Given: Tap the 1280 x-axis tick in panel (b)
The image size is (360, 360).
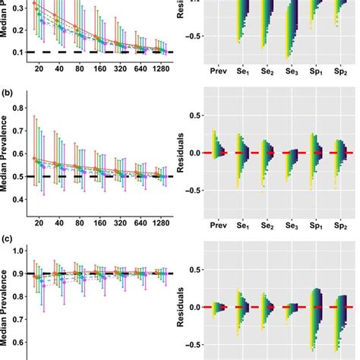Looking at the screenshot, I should [x=161, y=225].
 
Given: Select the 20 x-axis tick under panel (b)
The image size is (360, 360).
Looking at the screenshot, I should [x=36, y=225].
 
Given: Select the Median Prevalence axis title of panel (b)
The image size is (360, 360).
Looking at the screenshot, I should [x=6, y=159].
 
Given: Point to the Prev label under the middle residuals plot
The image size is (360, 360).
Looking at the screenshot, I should [x=219, y=225].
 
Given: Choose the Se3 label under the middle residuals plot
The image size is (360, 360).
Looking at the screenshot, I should [x=290, y=226].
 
